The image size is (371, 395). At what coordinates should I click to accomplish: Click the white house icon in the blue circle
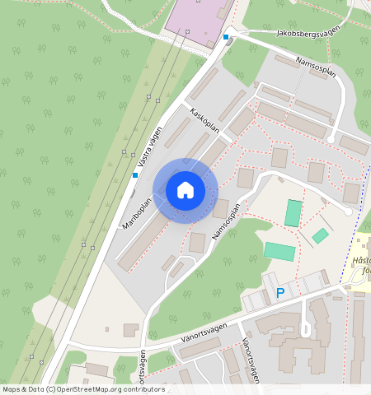(x=185, y=190)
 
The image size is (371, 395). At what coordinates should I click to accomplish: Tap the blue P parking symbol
(x=280, y=293)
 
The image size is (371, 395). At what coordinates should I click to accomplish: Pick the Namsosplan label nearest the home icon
(x=225, y=222)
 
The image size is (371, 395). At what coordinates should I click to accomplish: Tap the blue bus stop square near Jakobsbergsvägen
(x=226, y=36)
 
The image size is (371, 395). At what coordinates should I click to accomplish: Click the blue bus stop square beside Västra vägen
(x=135, y=174)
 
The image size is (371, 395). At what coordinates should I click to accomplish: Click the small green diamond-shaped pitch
(x=320, y=236)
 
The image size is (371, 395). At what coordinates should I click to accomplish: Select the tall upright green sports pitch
(x=294, y=213)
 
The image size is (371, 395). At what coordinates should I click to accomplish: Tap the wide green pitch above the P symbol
(x=279, y=251)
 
